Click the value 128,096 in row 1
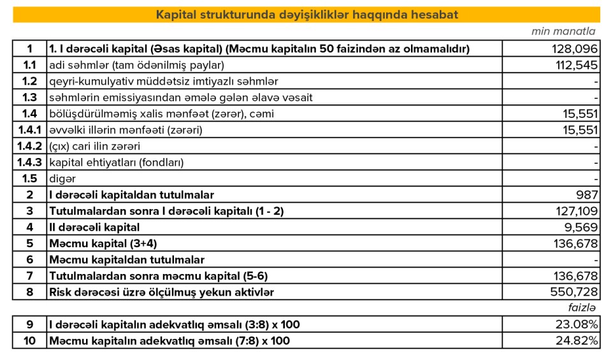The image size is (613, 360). click(x=575, y=48)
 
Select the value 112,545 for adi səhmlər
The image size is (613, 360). click(x=575, y=65)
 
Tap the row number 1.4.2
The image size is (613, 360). click(x=30, y=146)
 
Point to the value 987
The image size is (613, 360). click(x=588, y=194)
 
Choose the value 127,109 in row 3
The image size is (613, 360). click(x=575, y=211)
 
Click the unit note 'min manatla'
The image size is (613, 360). click(x=563, y=31)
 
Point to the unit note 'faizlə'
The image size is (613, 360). click(x=582, y=308)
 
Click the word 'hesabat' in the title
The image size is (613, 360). click(x=435, y=15)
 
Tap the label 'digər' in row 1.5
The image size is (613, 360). click(x=62, y=178)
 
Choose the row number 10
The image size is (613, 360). click(x=30, y=341)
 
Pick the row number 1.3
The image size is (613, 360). click(x=30, y=97)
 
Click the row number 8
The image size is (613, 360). click(x=30, y=292)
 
